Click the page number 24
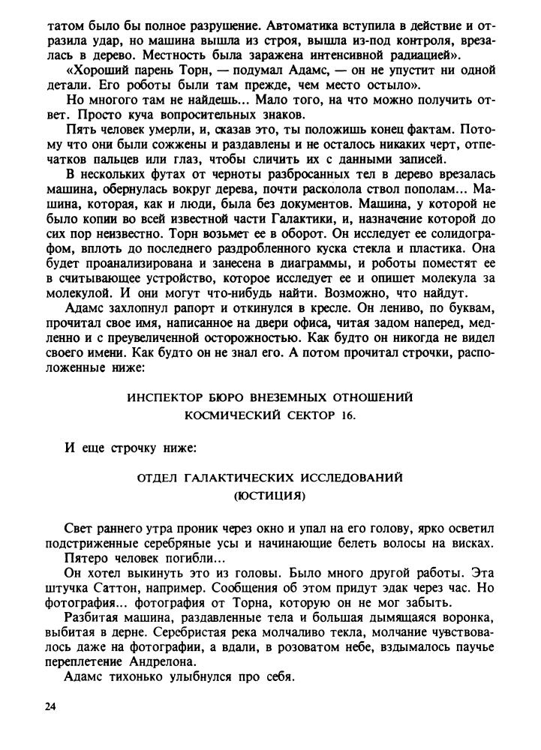point(51,706)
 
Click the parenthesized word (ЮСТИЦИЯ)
point(270,496)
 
